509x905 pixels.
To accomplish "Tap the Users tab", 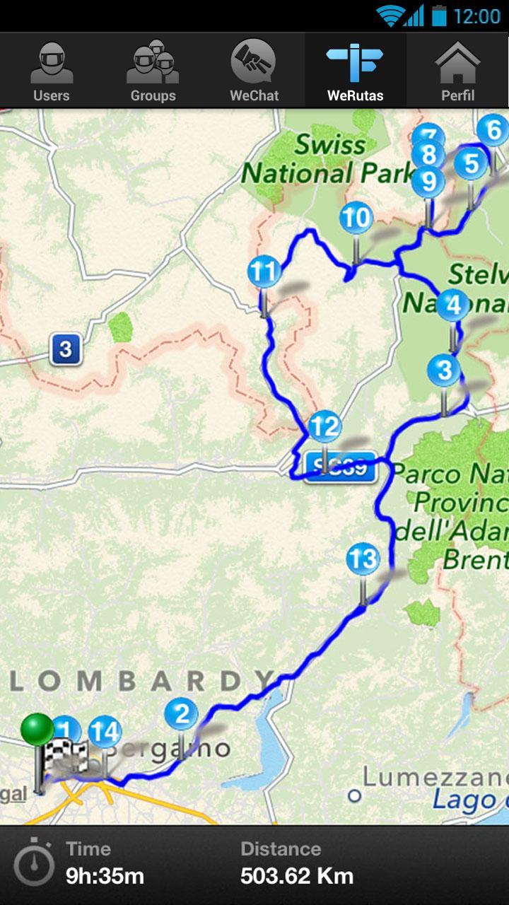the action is point(51,71).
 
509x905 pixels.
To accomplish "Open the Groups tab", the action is point(153,71).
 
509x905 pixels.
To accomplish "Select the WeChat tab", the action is point(255,71).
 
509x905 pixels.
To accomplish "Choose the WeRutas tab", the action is point(356,71).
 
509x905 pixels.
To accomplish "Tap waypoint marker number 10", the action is point(356,218).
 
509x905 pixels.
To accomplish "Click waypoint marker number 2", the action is point(182,714).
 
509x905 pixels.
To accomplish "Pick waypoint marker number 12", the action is point(324,427).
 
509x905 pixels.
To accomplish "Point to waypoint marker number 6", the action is point(493,131).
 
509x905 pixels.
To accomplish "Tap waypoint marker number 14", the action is point(105,733).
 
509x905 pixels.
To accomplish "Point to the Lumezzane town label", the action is point(435,777).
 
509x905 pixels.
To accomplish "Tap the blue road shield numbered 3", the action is point(66,349).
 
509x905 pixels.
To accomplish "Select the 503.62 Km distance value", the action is point(297,877).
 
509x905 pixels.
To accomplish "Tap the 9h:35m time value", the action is point(105,877).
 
